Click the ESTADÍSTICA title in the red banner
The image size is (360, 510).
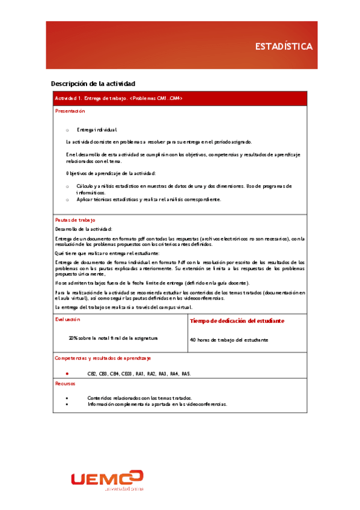(x=284, y=46)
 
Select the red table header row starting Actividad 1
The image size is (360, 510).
(x=180, y=98)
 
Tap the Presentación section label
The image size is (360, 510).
(x=70, y=111)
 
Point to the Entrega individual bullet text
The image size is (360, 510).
(x=97, y=129)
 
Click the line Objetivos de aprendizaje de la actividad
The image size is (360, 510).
(x=111, y=173)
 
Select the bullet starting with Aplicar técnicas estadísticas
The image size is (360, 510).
(x=148, y=199)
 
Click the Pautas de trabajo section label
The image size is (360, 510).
(x=75, y=220)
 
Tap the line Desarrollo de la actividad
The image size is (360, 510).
(x=83, y=229)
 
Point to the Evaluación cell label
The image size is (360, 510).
(x=69, y=319)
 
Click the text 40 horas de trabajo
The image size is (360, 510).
(x=228, y=340)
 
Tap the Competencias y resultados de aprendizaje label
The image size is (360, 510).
(x=102, y=358)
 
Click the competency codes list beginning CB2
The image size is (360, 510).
(x=139, y=373)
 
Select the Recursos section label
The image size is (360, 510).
(x=66, y=382)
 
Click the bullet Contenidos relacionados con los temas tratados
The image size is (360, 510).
(x=139, y=398)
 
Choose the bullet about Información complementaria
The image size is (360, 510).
(x=157, y=405)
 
